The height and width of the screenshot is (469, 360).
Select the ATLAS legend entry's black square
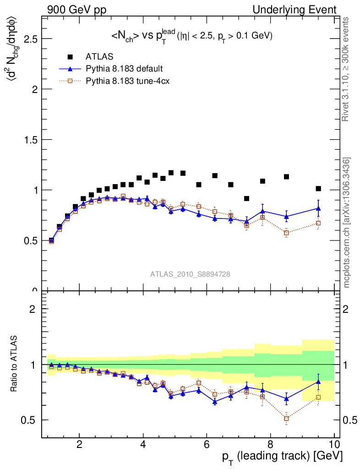click(x=70, y=57)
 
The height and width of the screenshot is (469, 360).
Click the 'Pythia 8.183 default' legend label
click(x=124, y=69)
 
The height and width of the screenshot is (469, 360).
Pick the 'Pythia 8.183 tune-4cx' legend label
click(x=127, y=81)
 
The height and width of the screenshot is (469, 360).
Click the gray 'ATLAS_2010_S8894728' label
click(x=190, y=274)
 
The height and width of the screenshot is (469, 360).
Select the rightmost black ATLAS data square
click(x=318, y=189)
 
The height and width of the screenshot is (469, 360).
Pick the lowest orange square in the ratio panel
click(x=287, y=418)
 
